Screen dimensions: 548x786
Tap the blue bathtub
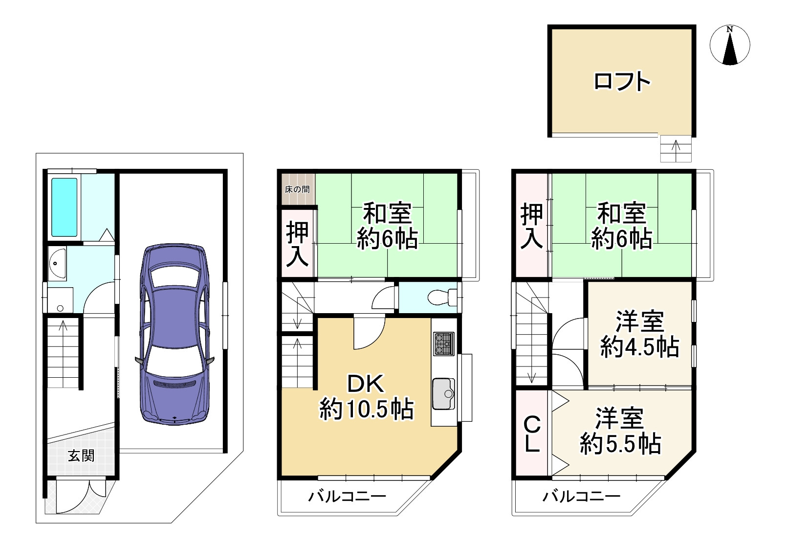tap(65, 207)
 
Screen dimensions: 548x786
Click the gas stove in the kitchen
tap(443, 343)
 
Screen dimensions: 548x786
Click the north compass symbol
tap(730, 46)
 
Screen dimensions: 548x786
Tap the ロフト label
tap(622, 81)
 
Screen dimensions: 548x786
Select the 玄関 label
tap(81, 456)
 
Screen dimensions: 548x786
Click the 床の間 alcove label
tap(297, 189)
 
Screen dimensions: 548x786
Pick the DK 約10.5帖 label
tap(367, 397)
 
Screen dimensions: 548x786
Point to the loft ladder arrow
tap(677, 149)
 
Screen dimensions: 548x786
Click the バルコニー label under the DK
tap(347, 497)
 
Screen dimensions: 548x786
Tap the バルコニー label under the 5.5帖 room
tap(582, 497)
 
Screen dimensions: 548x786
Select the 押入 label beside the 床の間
tap(298, 244)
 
